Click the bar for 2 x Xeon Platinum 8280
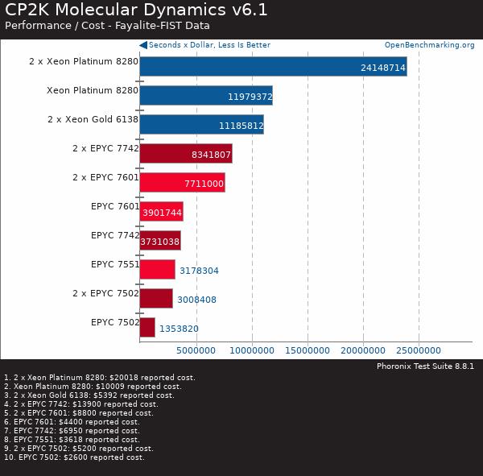coord(273,66)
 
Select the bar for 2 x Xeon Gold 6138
coord(201,124)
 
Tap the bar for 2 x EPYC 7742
coord(186,154)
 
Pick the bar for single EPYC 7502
coord(147,327)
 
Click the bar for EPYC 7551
coord(157,269)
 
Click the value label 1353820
coord(179,329)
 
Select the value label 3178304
coord(198,271)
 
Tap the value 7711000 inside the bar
coord(204,184)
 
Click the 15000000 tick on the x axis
coord(308,350)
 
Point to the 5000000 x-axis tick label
coord(196,350)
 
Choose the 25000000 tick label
coord(419,350)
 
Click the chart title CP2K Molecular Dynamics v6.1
coord(136,10)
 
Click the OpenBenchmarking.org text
coord(429,45)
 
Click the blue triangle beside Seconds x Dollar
coord(143,45)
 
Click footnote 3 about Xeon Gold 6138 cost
coord(89,395)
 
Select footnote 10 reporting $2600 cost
coord(74,457)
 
